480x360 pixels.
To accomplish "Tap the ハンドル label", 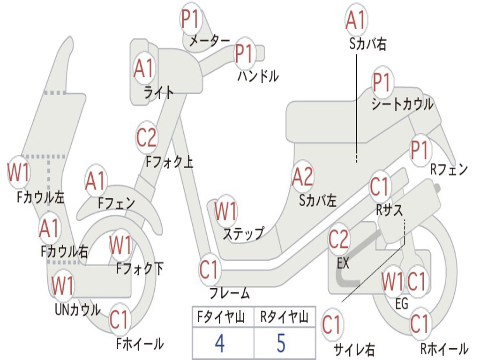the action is [x=258, y=75].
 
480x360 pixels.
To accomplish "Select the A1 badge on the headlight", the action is [x=143, y=68].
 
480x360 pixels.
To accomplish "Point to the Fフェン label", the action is [x=116, y=203].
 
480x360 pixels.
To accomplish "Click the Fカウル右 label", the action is [x=64, y=252].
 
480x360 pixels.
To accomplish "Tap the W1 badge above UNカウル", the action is [x=63, y=285].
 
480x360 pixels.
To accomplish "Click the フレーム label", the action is [x=230, y=294].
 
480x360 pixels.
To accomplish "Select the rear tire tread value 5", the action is [x=281, y=343].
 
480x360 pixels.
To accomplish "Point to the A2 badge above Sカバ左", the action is [x=302, y=177].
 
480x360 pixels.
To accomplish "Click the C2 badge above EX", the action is [x=339, y=240].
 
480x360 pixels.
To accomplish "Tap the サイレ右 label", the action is [x=354, y=349].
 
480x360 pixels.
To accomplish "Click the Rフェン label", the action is [x=449, y=170].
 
